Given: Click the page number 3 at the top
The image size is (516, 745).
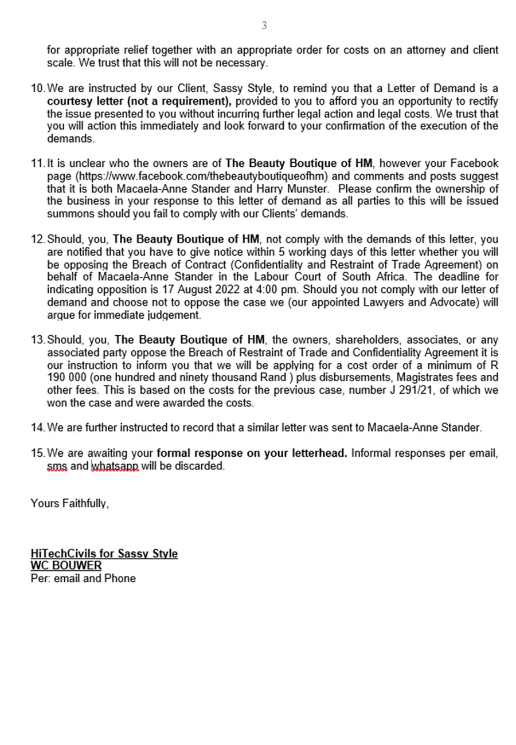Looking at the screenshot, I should (264, 25).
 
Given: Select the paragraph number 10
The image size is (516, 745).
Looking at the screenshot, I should (37, 88).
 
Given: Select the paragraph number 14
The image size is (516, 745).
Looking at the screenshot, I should (37, 428).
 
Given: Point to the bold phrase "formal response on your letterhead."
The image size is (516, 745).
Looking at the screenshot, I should (252, 453).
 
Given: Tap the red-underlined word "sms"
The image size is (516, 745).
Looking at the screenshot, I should (57, 466).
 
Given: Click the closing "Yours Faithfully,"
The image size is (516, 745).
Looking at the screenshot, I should (69, 503).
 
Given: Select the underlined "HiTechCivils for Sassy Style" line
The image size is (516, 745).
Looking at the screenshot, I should (104, 554).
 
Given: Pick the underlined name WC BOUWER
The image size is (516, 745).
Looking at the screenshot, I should (66, 566).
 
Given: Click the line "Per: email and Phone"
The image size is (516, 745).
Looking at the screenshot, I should (83, 578).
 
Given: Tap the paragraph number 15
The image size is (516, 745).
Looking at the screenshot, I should (37, 453).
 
